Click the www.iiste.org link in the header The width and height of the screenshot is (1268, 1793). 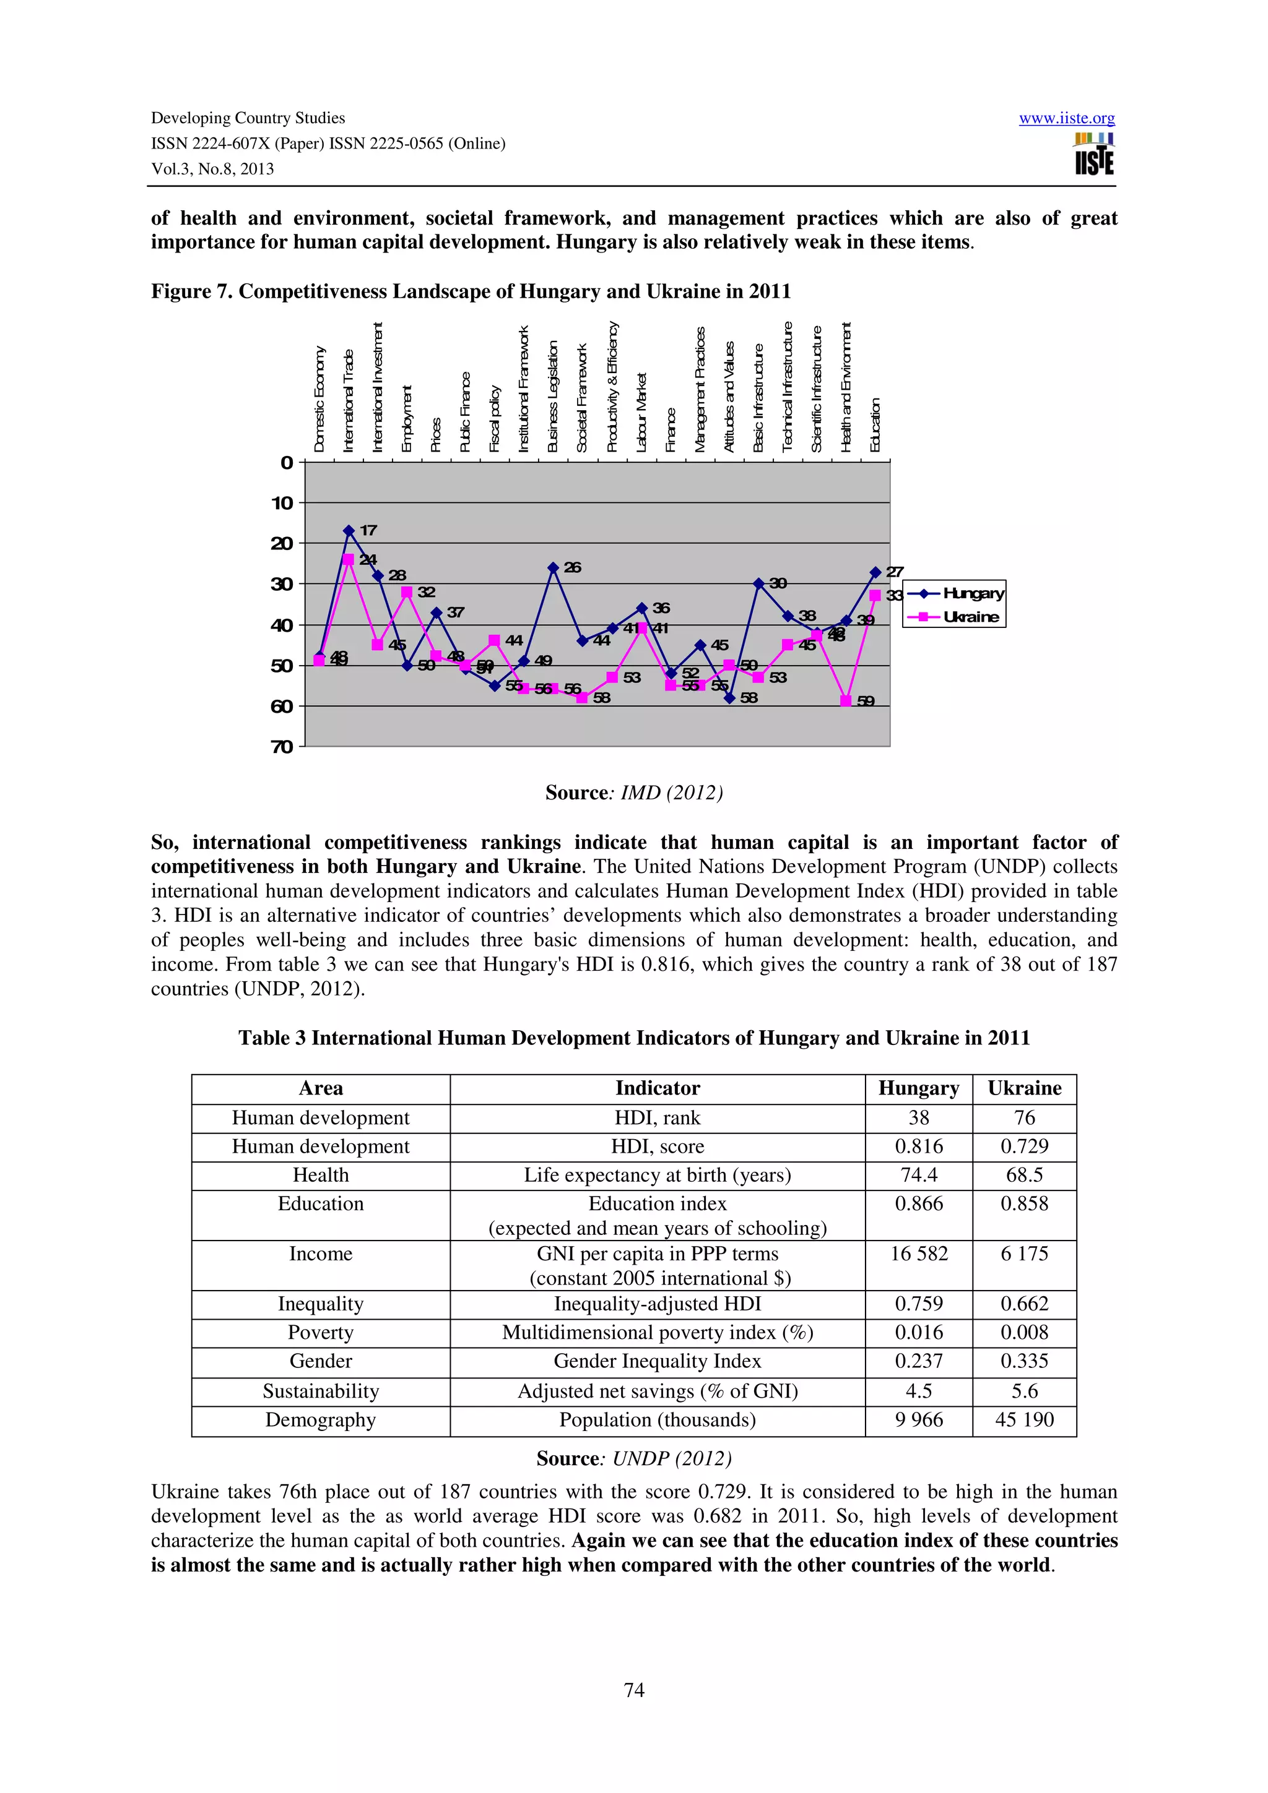pyautogui.click(x=1066, y=118)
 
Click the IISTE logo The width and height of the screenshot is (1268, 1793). pyautogui.click(x=1094, y=154)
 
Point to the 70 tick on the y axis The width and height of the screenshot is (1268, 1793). pyautogui.click(x=282, y=747)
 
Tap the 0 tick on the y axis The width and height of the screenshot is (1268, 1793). pyautogui.click(x=287, y=462)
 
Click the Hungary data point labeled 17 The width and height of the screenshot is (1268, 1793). pyautogui.click(x=349, y=530)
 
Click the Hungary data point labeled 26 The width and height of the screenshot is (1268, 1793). pyautogui.click(x=553, y=568)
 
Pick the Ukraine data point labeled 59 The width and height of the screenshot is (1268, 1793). pyautogui.click(x=845, y=701)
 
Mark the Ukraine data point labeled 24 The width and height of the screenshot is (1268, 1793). pyautogui.click(x=349, y=559)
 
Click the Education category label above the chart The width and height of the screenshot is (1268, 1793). pyautogui.click(x=875, y=425)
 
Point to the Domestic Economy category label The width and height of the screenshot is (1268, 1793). pyautogui.click(x=319, y=399)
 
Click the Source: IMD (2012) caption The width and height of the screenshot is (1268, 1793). pyautogui.click(x=633, y=793)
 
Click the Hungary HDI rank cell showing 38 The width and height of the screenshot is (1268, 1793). pyautogui.click(x=918, y=1117)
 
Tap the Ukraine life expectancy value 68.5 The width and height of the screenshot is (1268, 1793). pyautogui.click(x=1023, y=1176)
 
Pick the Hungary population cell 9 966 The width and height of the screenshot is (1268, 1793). pyautogui.click(x=918, y=1420)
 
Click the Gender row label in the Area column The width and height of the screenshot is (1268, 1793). pyautogui.click(x=320, y=1361)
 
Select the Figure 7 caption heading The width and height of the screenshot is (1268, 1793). pyautogui.click(x=471, y=291)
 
